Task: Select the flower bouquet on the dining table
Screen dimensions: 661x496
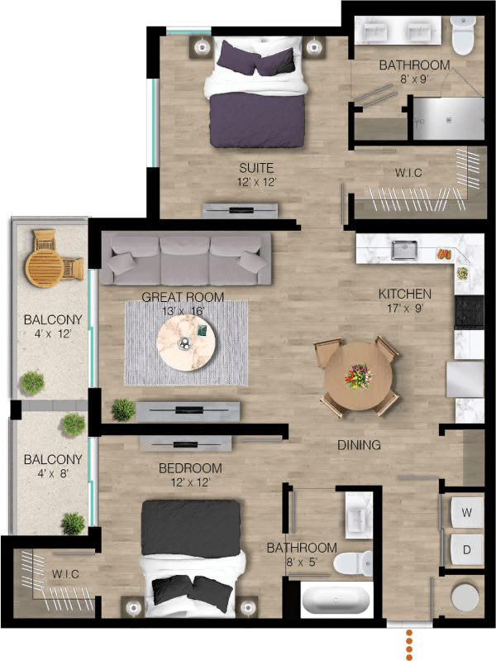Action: [x=359, y=377]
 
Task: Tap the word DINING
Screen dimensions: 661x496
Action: [x=359, y=445]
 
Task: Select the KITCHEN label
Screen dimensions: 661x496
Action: [x=404, y=294]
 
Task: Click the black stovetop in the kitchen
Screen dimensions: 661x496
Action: [x=465, y=312]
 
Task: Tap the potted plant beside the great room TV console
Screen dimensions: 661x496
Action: [x=123, y=409]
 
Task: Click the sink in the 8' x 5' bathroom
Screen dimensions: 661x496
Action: [x=359, y=520]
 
